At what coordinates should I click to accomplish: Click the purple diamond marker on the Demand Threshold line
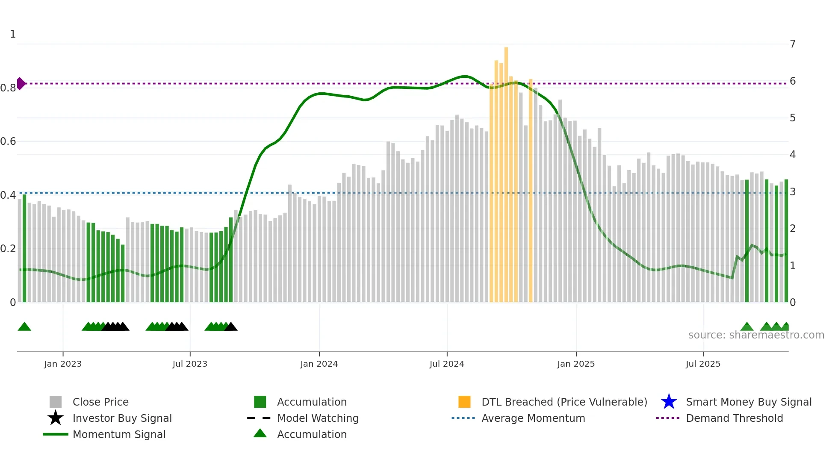(x=21, y=83)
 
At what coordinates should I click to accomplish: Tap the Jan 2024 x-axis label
(x=319, y=364)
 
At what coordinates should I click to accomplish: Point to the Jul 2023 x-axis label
(x=190, y=364)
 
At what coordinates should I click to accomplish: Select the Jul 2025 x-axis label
(x=703, y=364)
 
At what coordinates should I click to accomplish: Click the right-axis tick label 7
(x=792, y=44)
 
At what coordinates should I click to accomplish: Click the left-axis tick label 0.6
(x=8, y=141)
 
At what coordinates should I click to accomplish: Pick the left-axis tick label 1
(x=13, y=34)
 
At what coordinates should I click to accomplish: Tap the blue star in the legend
(x=669, y=402)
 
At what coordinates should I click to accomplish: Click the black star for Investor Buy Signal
(x=56, y=418)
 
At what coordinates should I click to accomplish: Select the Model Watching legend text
(x=318, y=418)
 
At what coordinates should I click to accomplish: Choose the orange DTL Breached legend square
(x=464, y=402)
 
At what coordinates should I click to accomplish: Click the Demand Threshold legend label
(x=734, y=418)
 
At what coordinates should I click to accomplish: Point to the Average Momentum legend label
(x=533, y=418)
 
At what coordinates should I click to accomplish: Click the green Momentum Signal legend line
(x=56, y=434)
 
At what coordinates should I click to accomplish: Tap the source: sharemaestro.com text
(x=756, y=335)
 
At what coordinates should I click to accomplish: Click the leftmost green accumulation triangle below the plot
(x=24, y=327)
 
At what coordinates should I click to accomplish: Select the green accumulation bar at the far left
(x=24, y=248)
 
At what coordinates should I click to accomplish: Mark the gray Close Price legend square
(x=56, y=402)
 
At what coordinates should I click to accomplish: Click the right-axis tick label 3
(x=792, y=192)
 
